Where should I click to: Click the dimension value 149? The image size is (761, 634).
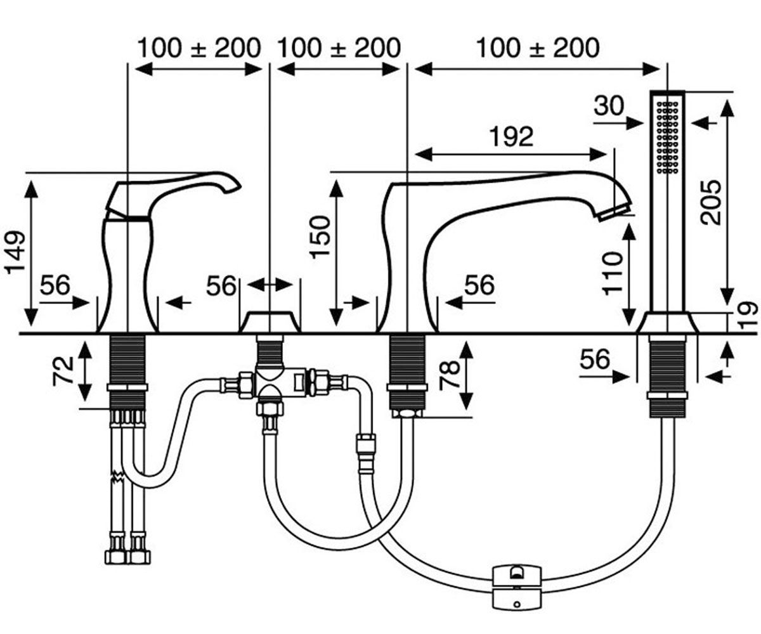click(x=15, y=252)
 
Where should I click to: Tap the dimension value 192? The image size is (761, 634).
click(x=511, y=136)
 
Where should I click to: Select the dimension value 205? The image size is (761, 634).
click(x=710, y=202)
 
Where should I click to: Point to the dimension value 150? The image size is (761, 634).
click(x=320, y=237)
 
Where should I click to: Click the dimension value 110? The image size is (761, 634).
click(x=613, y=273)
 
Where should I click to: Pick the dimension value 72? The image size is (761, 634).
click(x=63, y=372)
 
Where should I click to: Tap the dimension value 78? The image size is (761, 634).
click(x=449, y=376)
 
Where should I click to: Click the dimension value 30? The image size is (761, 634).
click(x=609, y=106)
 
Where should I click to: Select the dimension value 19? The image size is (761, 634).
click(x=750, y=316)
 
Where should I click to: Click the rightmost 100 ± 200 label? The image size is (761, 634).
click(x=538, y=48)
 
